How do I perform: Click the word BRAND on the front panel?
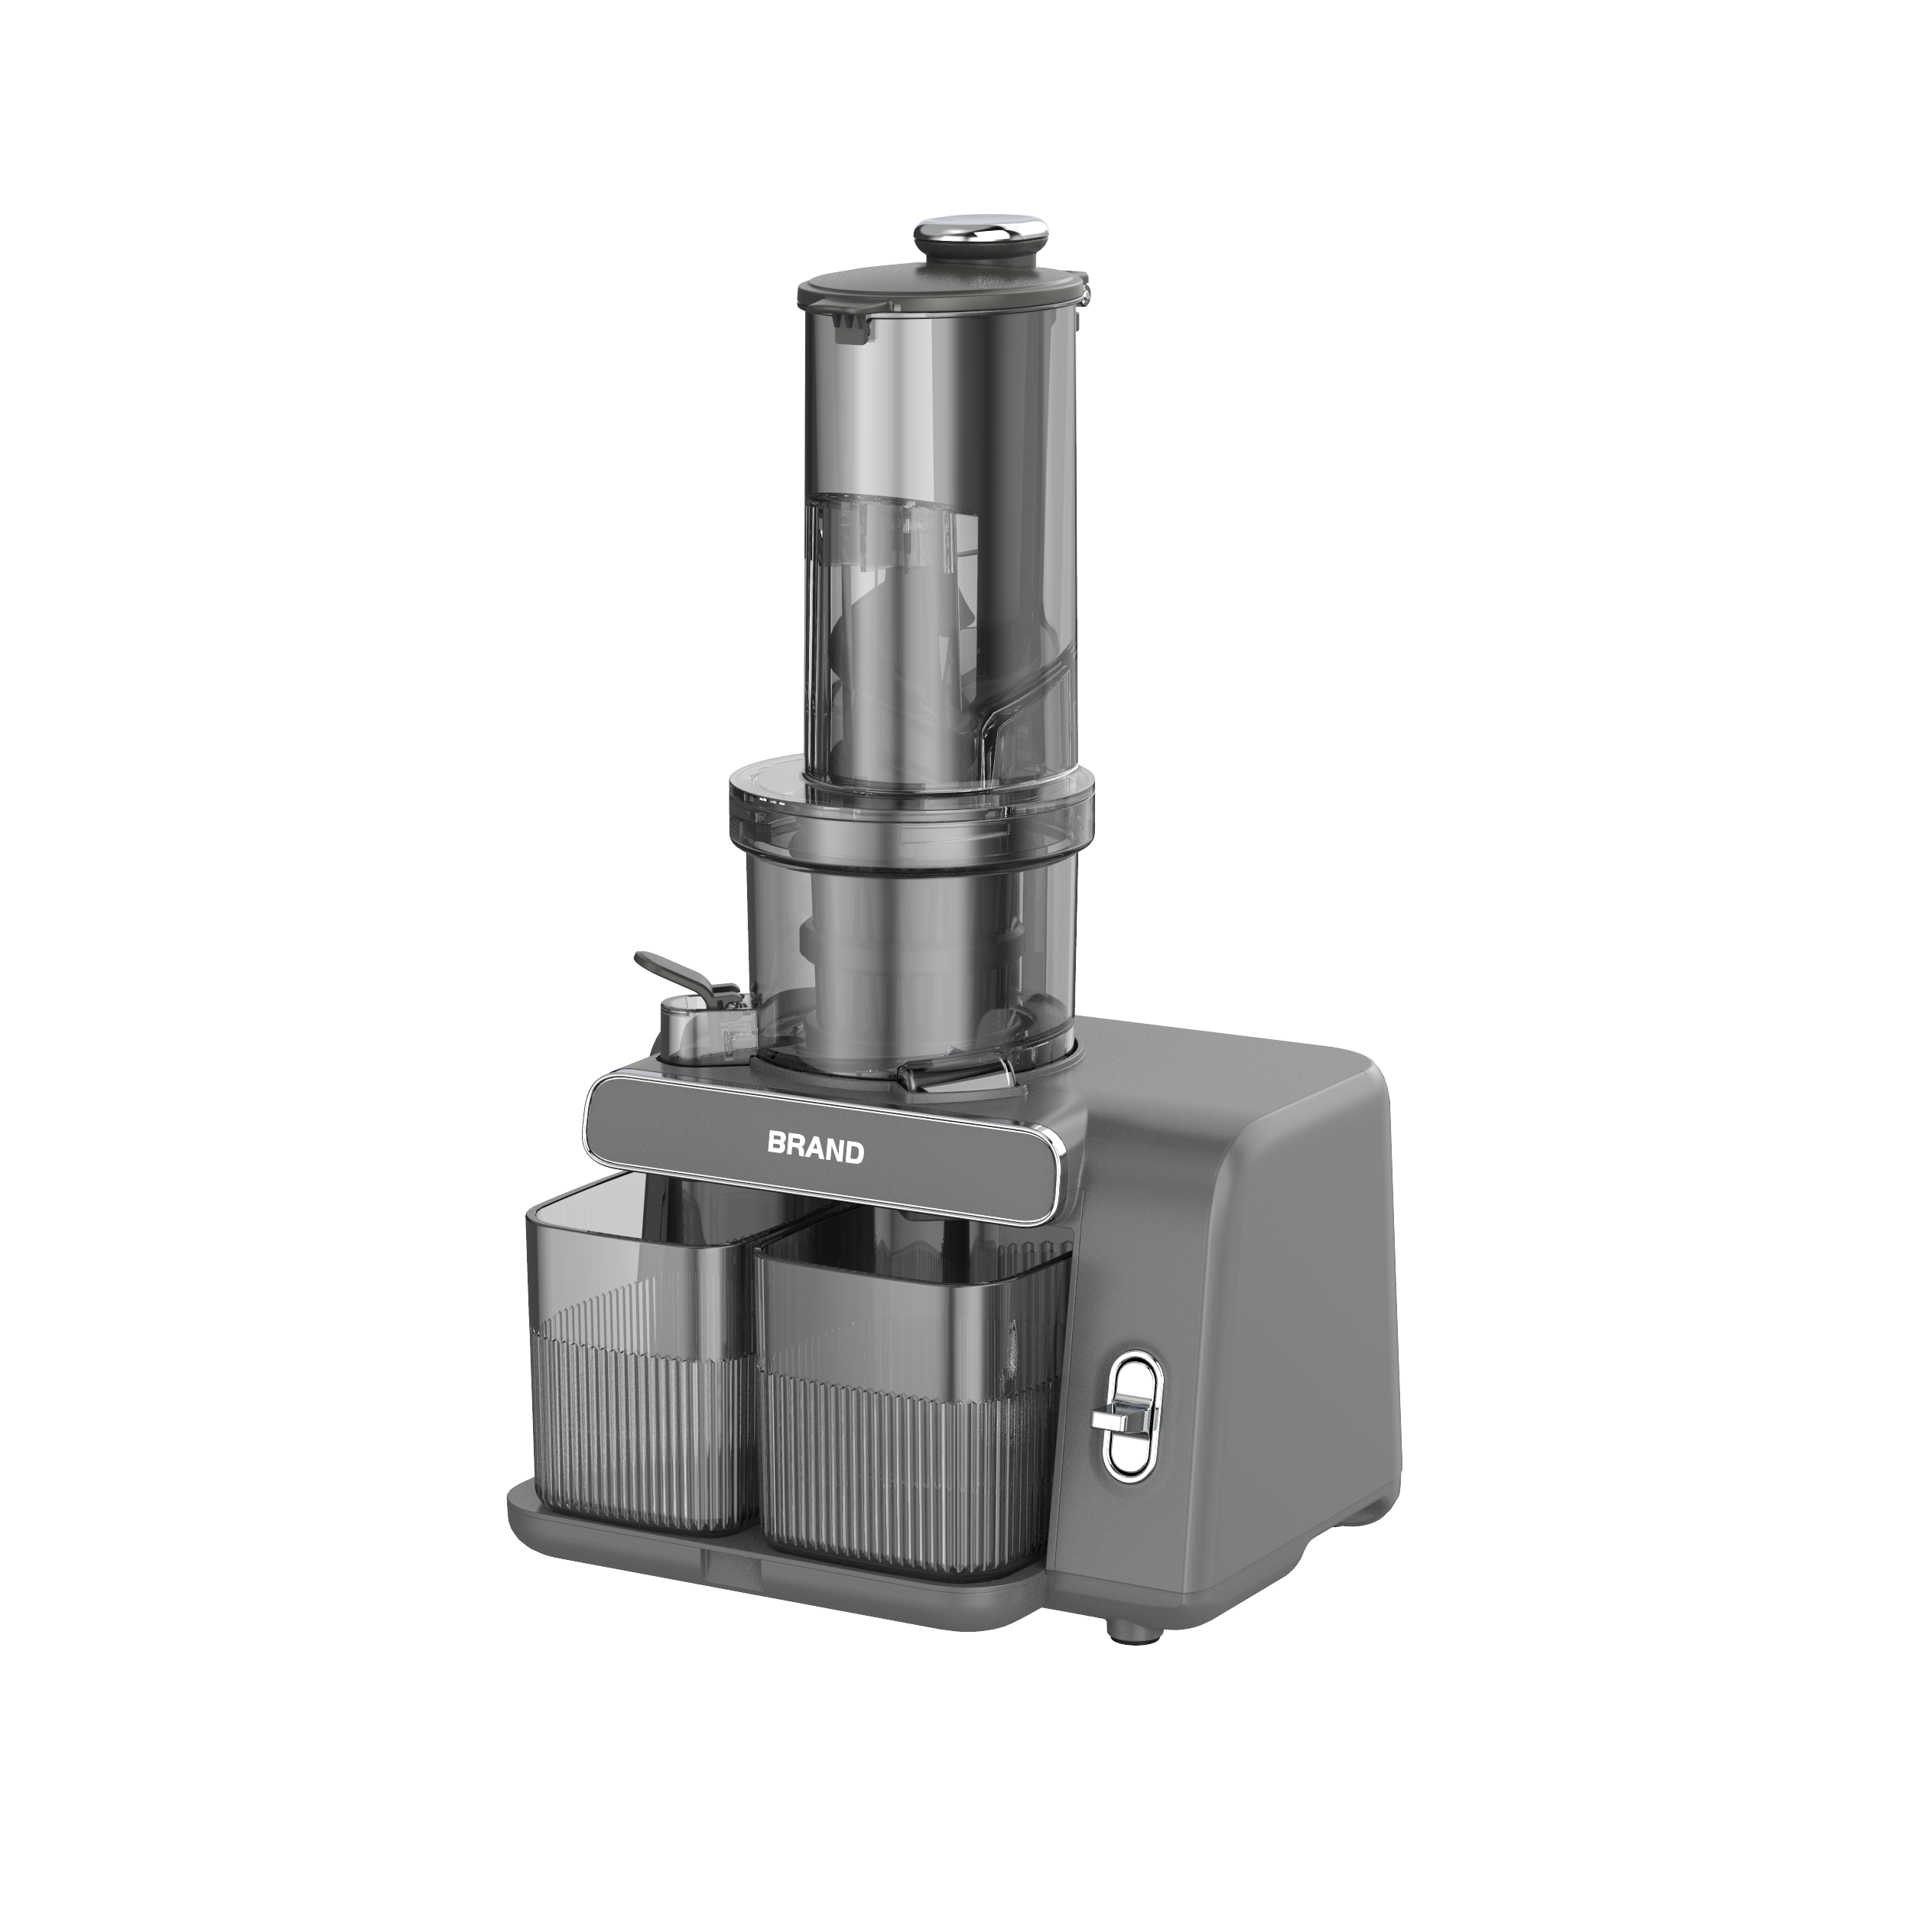(815, 1148)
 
